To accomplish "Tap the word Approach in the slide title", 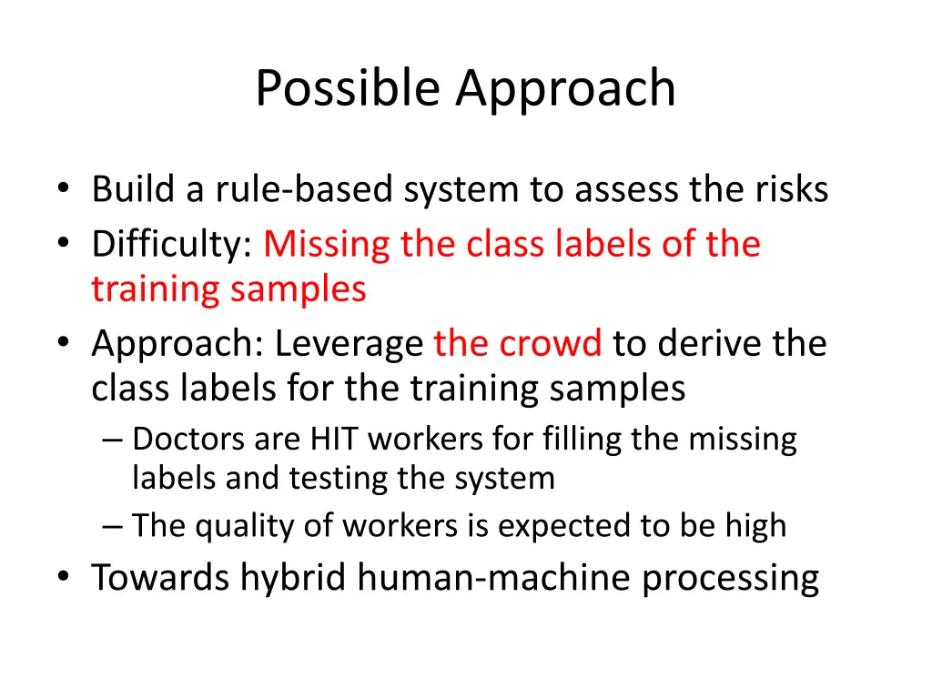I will pyautogui.click(x=566, y=89).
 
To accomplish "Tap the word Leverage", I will pyautogui.click(x=349, y=344).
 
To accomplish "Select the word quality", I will pyautogui.click(x=239, y=526).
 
